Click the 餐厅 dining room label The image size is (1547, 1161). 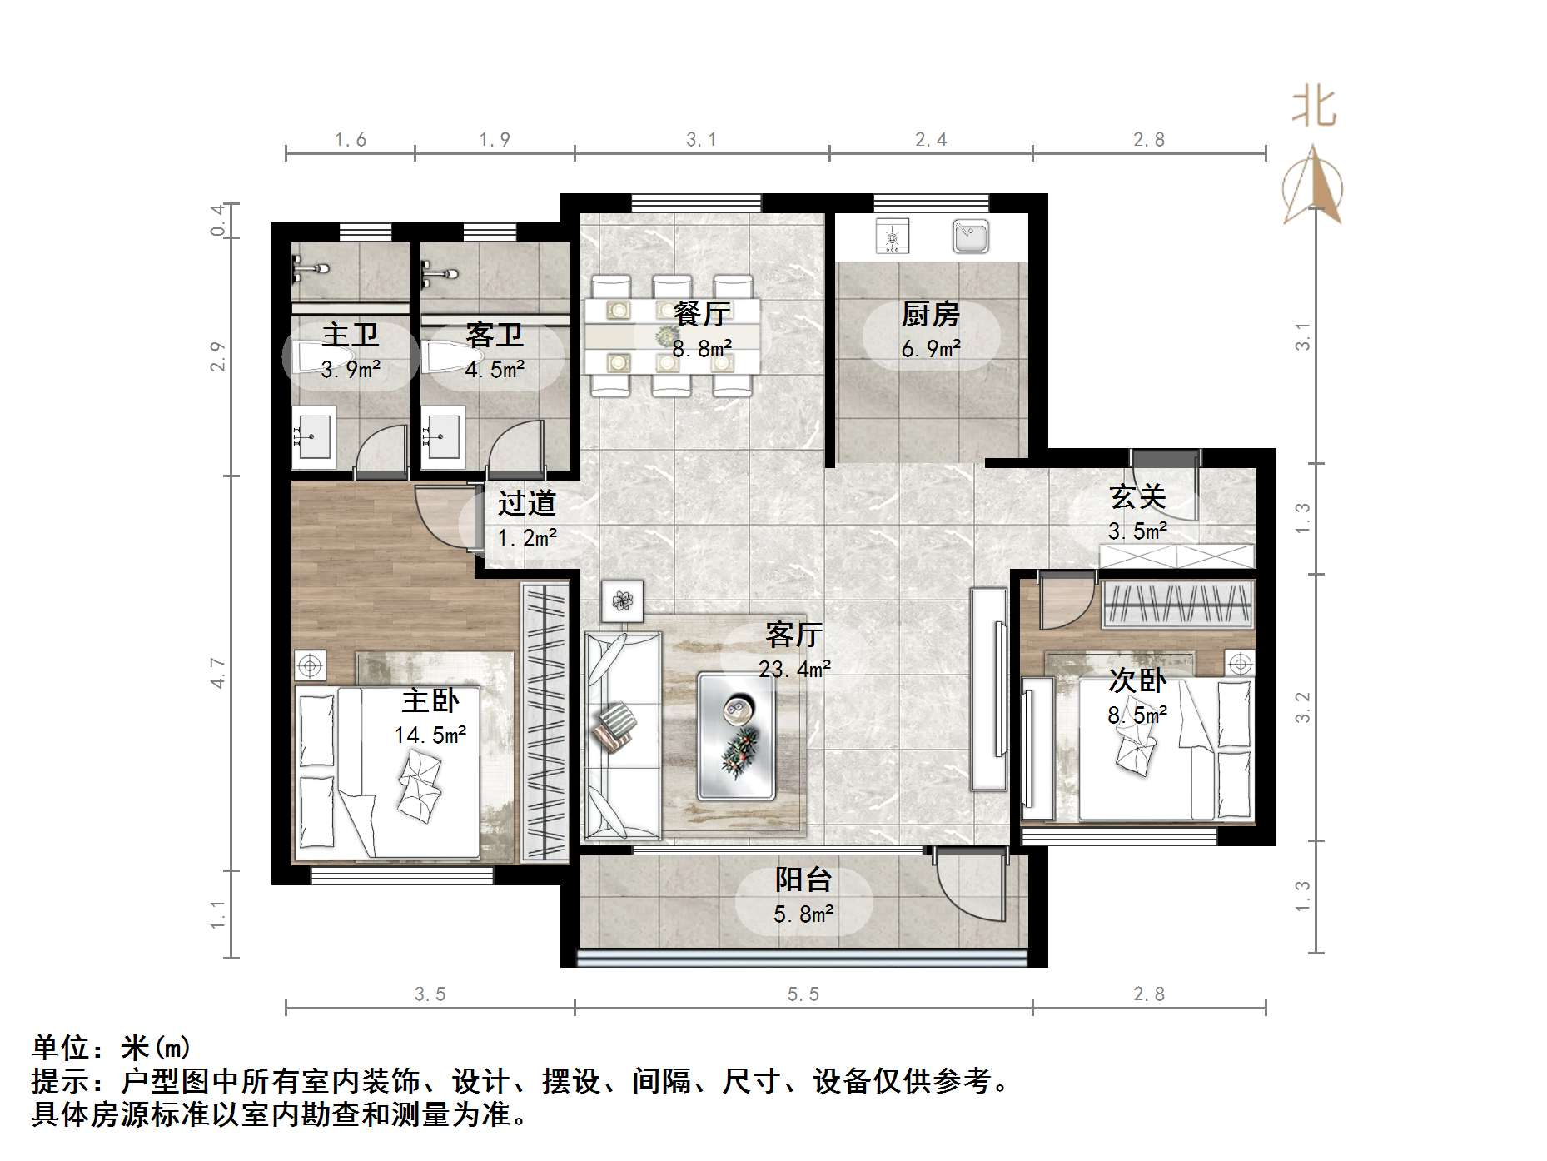click(x=701, y=314)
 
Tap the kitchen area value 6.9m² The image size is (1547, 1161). click(x=930, y=348)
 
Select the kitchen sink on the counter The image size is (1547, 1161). click(x=971, y=236)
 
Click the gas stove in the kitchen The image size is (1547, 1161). click(x=892, y=237)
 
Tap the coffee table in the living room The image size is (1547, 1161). click(x=736, y=736)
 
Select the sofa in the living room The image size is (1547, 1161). click(x=623, y=735)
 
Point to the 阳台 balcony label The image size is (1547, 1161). click(x=803, y=879)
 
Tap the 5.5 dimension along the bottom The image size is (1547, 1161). click(x=803, y=994)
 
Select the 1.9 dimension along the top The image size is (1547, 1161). click(x=495, y=139)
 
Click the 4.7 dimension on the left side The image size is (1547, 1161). click(x=218, y=672)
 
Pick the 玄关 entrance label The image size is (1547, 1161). click(x=1137, y=497)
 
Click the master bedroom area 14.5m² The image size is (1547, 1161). click(x=430, y=735)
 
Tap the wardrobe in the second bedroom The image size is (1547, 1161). click(x=1177, y=605)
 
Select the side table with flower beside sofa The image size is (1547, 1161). click(x=622, y=600)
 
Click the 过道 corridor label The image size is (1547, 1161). click(x=526, y=503)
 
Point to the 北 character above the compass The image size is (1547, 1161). click(x=1314, y=108)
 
